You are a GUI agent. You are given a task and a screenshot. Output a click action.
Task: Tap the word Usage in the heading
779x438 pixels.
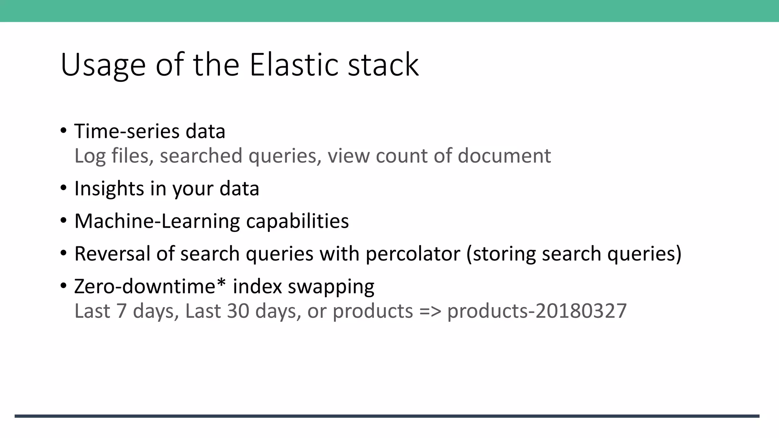click(x=103, y=65)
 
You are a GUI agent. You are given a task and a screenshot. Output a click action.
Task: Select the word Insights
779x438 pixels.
click(x=109, y=189)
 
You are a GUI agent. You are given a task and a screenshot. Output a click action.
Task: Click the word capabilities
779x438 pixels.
click(x=297, y=221)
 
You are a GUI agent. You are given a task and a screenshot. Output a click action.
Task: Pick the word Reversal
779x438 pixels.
click(x=112, y=254)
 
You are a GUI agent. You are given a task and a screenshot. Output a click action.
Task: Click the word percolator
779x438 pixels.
click(x=413, y=254)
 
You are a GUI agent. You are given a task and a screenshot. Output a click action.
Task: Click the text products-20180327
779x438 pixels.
click(x=537, y=311)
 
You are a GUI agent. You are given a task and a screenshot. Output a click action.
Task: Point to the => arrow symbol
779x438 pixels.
click(x=430, y=311)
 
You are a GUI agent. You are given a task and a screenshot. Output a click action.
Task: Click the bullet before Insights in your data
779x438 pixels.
click(x=64, y=188)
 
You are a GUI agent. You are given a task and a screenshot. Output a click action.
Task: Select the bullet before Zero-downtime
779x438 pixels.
click(x=64, y=286)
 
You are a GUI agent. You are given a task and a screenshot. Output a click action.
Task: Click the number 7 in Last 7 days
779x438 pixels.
click(x=121, y=311)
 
